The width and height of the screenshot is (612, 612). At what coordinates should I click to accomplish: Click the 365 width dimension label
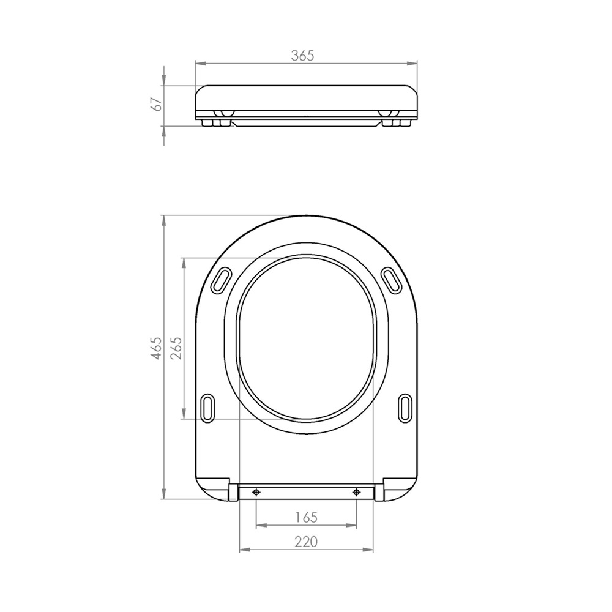(x=302, y=56)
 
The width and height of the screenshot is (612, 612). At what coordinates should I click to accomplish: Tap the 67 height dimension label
(x=157, y=104)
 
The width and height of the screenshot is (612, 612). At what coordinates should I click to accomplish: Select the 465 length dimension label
(x=156, y=348)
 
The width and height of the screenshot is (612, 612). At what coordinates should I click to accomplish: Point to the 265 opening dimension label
(x=176, y=348)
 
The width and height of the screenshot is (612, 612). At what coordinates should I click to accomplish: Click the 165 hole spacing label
(x=307, y=517)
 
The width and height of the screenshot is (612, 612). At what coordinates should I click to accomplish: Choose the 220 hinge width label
(x=307, y=542)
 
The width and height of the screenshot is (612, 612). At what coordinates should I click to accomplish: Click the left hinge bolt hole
(x=256, y=493)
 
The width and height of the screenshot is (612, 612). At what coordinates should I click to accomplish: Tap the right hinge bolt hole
(x=356, y=493)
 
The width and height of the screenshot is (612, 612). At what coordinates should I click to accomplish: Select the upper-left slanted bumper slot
(x=220, y=280)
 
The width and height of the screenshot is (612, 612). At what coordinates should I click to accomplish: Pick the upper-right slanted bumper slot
(x=391, y=280)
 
